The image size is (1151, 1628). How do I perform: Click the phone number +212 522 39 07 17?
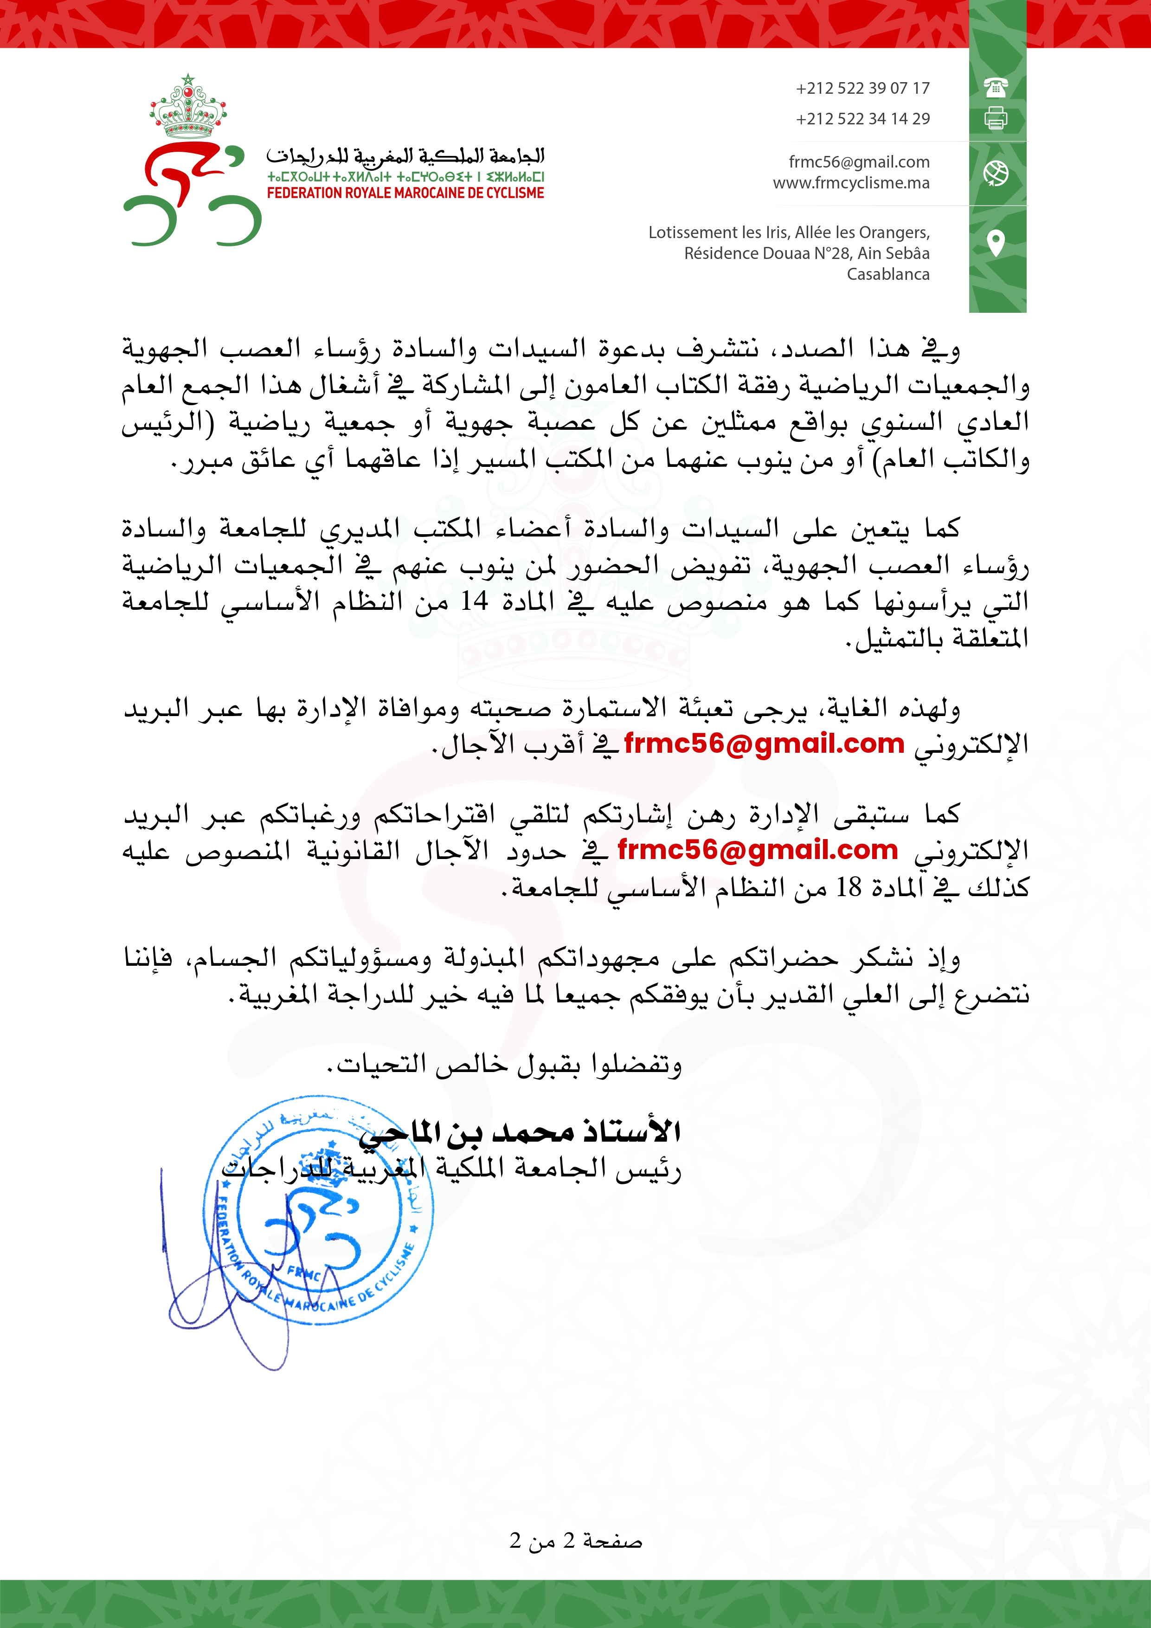pyautogui.click(x=862, y=88)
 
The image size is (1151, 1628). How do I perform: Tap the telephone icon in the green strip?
pyautogui.click(x=996, y=87)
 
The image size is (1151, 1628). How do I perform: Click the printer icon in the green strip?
pyautogui.click(x=996, y=118)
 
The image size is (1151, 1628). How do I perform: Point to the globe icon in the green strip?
pyautogui.click(x=996, y=173)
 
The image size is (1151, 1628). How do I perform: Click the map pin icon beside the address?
pyautogui.click(x=996, y=243)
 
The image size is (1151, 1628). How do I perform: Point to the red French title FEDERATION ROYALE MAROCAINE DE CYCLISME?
pyautogui.click(x=405, y=193)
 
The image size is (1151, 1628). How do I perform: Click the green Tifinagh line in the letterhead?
pyautogui.click(x=405, y=176)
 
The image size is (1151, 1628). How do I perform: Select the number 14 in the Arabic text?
pyautogui.click(x=474, y=601)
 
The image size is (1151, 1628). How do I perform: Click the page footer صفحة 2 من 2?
pyautogui.click(x=575, y=1540)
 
